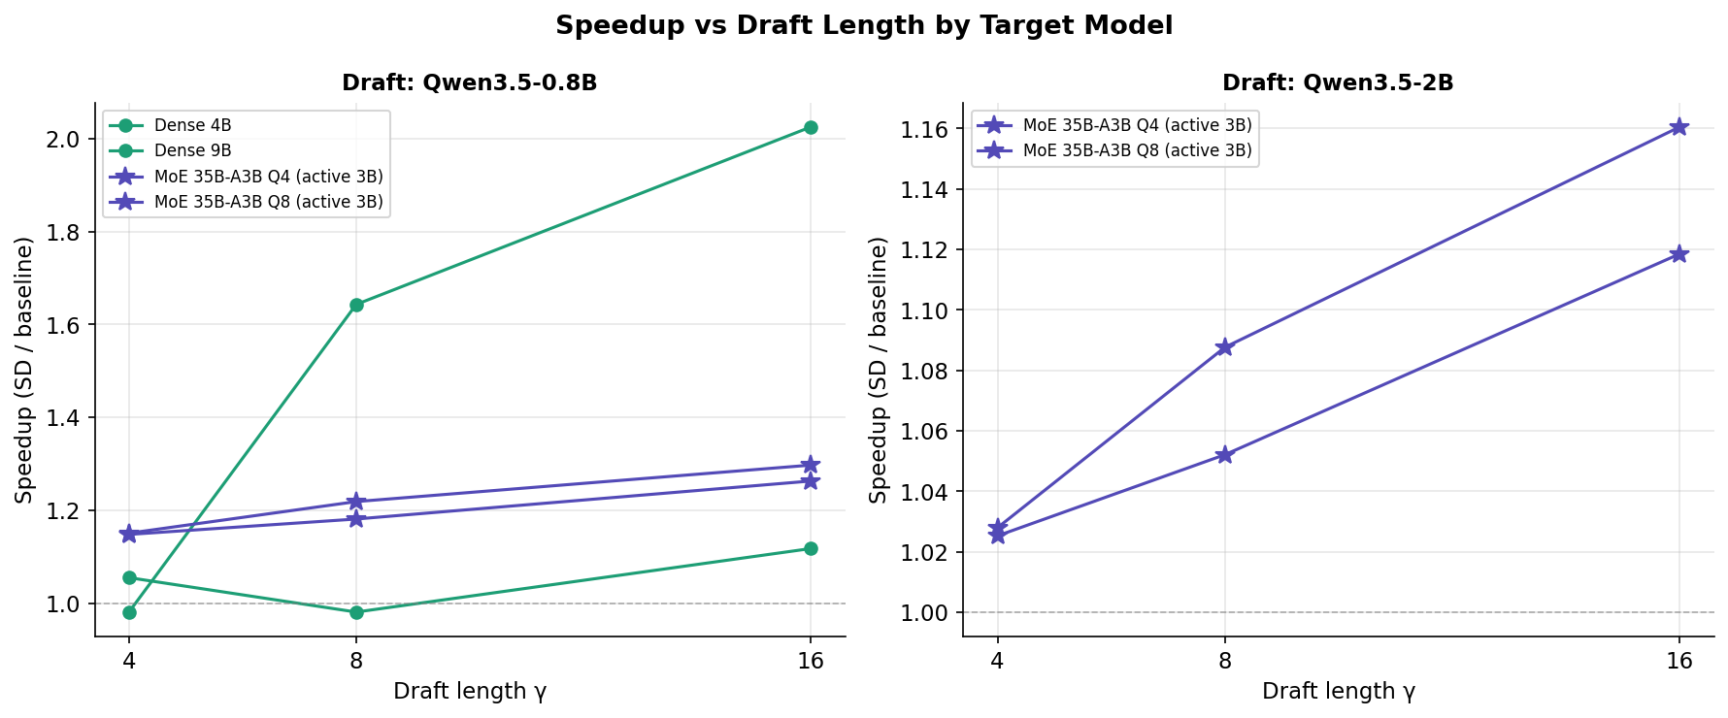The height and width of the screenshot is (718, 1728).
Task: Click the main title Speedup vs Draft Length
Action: point(863,26)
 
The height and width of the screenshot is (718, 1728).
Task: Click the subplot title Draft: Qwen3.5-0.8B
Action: point(469,83)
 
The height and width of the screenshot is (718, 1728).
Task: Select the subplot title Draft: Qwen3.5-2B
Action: point(1337,83)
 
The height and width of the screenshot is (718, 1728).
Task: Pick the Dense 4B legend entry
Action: point(192,126)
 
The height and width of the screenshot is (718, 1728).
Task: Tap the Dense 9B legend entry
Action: point(192,151)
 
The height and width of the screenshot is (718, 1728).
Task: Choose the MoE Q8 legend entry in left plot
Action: point(268,203)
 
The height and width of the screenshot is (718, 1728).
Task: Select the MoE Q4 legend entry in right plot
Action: point(1137,126)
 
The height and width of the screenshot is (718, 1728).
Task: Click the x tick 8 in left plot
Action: point(356,662)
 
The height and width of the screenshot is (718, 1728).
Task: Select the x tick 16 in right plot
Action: point(1678,662)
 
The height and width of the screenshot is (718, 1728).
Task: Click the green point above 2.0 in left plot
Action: point(811,127)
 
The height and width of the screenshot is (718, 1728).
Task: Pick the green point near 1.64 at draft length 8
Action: point(356,305)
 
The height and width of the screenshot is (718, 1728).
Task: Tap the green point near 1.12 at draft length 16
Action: point(811,549)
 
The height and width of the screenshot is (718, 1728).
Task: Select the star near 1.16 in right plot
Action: point(1678,127)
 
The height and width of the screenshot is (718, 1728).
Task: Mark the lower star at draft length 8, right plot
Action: point(1224,455)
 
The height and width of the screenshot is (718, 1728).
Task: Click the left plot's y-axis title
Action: point(24,370)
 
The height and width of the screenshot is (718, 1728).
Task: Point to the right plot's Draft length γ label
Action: point(1338,692)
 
